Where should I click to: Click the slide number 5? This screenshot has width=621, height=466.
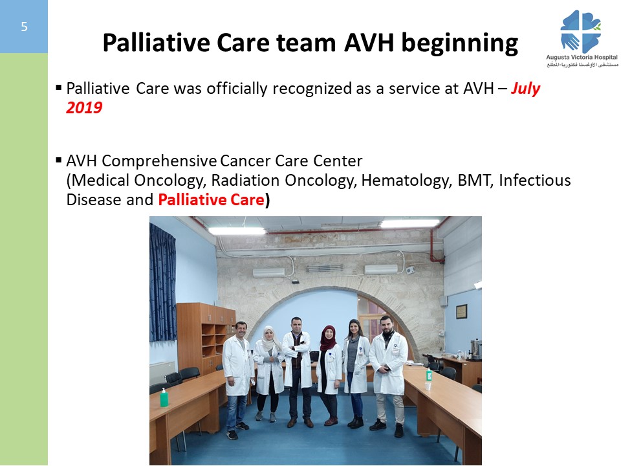24,27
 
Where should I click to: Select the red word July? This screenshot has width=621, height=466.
525,89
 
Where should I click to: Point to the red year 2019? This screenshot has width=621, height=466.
84,108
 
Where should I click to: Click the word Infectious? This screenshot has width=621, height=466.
535,181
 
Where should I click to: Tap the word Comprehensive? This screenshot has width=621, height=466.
159,162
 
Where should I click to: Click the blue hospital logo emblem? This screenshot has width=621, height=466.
581,32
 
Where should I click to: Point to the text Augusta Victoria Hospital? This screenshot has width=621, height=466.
582,57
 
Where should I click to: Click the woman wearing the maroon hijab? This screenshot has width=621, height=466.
329,375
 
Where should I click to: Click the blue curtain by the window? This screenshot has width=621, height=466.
163,283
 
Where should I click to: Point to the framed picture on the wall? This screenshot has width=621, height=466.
461,311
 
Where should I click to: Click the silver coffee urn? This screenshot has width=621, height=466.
475,348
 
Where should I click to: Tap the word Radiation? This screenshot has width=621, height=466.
245,181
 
